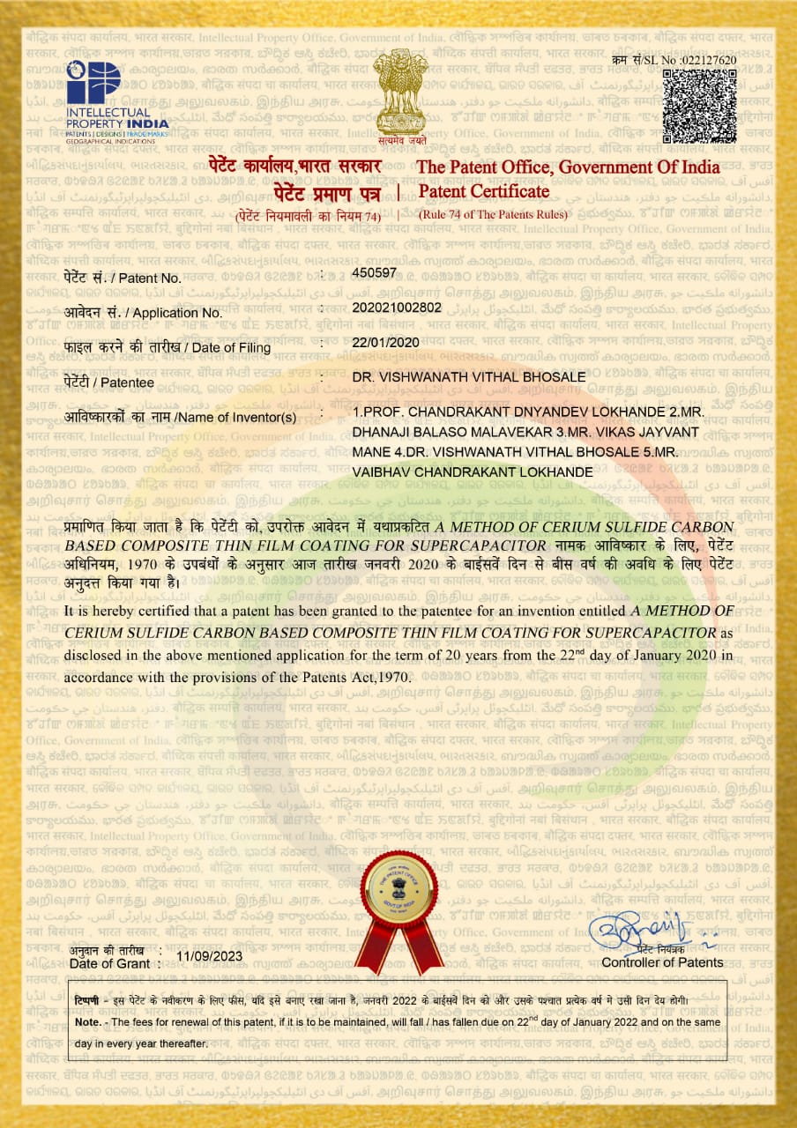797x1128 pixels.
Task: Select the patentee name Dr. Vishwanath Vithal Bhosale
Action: (468, 377)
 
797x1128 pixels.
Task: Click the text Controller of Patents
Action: (662, 962)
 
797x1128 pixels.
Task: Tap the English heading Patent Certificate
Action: (483, 191)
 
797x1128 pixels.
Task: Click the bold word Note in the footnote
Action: (86, 1021)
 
